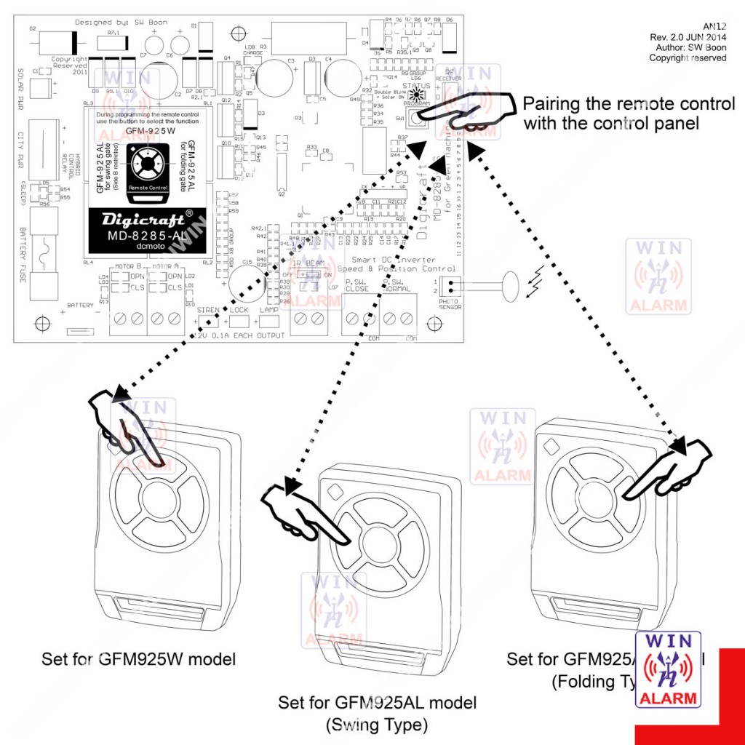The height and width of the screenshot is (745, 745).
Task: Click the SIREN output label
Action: (x=208, y=310)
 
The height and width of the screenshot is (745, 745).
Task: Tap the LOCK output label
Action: (x=239, y=310)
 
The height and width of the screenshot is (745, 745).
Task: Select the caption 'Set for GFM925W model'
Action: (x=139, y=660)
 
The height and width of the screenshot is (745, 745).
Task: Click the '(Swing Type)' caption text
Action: (x=377, y=725)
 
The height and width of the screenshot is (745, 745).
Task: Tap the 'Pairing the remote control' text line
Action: (x=629, y=104)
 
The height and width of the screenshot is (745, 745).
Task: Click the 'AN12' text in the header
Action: (x=714, y=26)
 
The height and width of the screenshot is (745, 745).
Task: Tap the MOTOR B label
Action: (x=127, y=267)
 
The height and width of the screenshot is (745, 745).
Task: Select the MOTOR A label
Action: (x=166, y=267)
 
